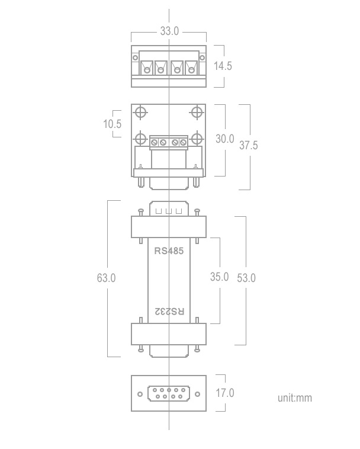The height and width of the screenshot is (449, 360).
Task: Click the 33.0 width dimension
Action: tap(169, 31)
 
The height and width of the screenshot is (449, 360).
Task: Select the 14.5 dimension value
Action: tap(223, 66)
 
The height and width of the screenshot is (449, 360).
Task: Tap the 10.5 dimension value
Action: tap(112, 124)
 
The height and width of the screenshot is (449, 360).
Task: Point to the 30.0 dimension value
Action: tap(225, 139)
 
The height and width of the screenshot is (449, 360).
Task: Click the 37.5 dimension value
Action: tap(249, 145)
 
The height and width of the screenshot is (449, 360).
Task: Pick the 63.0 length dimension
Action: tap(106, 278)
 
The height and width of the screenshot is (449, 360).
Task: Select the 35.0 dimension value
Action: tap(219, 277)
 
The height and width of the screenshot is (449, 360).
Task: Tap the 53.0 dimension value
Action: tap(246, 278)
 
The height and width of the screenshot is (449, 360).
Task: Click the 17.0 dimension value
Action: tap(225, 393)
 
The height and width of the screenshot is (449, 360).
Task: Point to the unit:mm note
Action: tap(295, 397)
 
